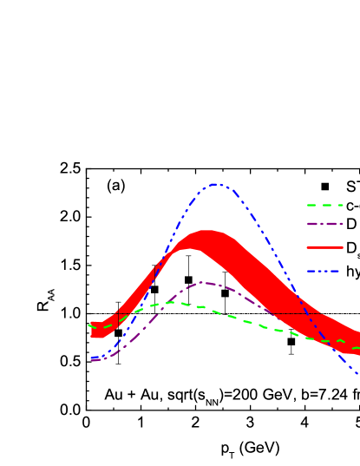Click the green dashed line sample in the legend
[324, 206]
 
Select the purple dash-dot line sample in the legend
[324, 224]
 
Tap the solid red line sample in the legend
[324, 247]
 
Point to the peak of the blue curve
[216, 184]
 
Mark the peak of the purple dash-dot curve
[202, 282]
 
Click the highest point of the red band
[206, 231]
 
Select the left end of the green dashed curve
[89, 325]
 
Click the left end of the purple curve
[91, 358]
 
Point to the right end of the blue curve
[357, 373]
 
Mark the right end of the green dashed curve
[358, 348]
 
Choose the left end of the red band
[91, 330]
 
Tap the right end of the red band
[358, 344]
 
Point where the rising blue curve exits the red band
[165, 253]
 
